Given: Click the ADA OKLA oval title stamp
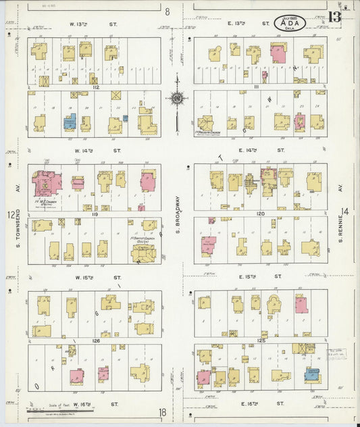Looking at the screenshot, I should point(290,23).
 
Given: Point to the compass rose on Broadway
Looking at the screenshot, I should point(177,99).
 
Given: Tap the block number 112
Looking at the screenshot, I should point(96,87).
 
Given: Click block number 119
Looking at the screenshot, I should point(96,214).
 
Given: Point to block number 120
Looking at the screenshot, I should point(261,213).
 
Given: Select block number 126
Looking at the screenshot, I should point(96,341).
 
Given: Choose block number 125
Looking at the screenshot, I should point(261,341).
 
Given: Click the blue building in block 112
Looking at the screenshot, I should point(70,122).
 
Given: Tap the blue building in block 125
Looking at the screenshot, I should point(312,374).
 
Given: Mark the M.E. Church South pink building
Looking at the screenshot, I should point(47,182).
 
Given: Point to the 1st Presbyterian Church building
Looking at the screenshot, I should point(205,123).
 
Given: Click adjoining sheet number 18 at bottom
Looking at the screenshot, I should point(162,412).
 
